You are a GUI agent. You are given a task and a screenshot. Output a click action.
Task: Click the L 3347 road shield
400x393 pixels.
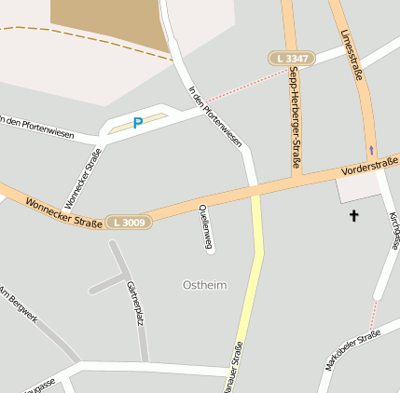coord(292,59)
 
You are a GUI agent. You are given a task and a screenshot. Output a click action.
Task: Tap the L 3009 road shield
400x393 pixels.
coord(127,222)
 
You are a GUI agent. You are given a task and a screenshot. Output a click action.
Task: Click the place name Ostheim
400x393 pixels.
coord(204,284)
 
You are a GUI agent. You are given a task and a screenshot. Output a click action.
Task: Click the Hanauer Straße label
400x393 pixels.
coord(235,367)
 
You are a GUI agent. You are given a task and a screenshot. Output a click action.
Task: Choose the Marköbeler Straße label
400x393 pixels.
coord(352,351)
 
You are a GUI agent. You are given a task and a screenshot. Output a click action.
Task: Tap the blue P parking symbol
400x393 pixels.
coord(138,123)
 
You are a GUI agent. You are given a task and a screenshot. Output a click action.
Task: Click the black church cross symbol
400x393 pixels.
coord(353,217)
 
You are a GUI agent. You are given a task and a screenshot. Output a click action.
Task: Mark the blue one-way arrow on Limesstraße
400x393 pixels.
coord(372,149)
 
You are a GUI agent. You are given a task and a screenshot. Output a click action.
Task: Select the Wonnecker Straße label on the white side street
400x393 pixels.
coord(82,179)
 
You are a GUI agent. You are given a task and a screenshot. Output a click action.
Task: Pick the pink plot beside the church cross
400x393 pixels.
coord(358,189)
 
